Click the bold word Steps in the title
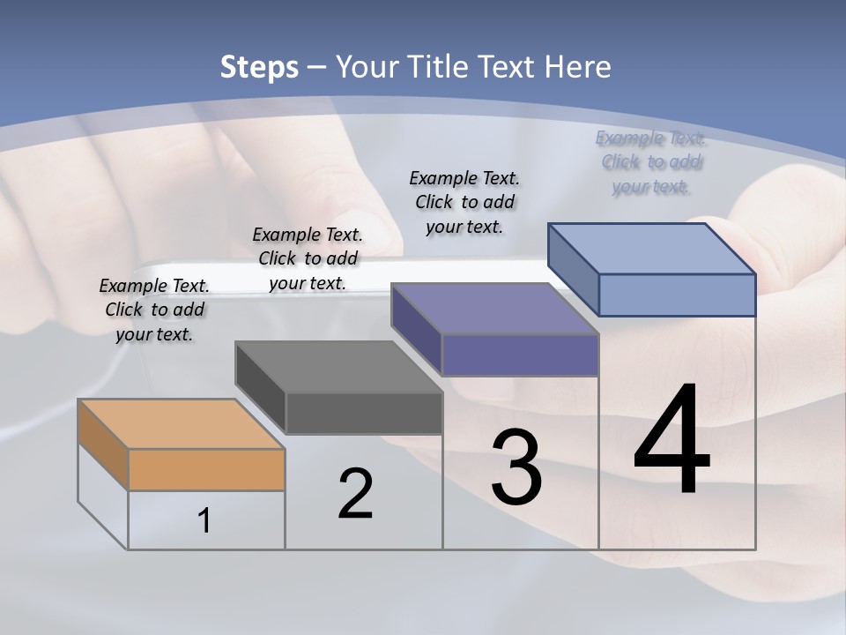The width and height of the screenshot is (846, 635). pos(259,67)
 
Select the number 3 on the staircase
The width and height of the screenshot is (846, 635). pos(516,467)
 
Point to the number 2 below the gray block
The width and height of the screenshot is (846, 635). pos(355,494)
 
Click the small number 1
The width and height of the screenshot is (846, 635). pos(204,520)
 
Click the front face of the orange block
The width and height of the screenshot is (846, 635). pos(206,469)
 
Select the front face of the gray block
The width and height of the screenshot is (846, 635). pos(364,413)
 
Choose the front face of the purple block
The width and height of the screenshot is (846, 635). pos(520,355)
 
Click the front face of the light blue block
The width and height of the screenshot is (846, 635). pos(677,295)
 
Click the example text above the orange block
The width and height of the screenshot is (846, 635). pos(154,310)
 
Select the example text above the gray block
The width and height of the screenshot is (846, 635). pos(308,258)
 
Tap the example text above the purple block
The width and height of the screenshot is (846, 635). pos(464,202)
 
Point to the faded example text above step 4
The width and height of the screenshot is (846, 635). pos(651,161)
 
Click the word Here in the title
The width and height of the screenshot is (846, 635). pos(578,67)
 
